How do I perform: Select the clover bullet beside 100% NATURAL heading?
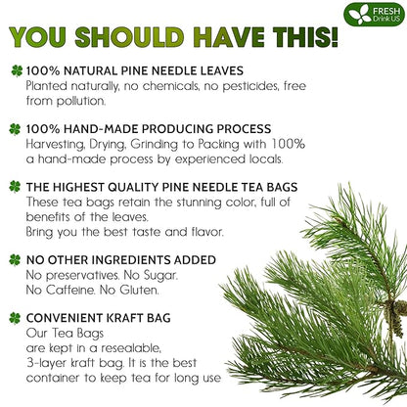(x=15, y=71)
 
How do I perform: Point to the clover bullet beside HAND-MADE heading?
(x=15, y=128)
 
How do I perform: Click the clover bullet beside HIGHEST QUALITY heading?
(x=15, y=185)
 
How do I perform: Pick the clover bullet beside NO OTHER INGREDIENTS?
(x=15, y=259)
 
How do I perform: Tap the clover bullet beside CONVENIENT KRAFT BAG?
(x=15, y=316)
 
